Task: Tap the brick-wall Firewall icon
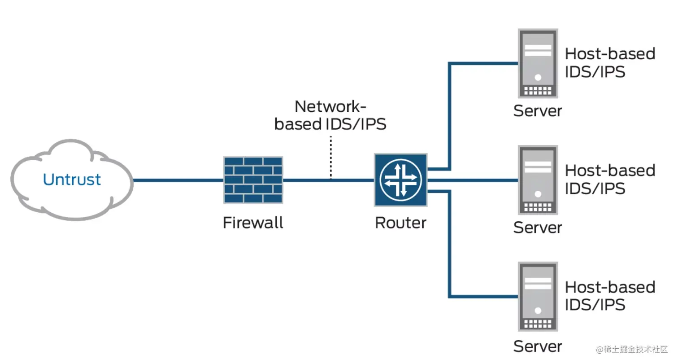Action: click(253, 180)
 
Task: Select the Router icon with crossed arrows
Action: click(401, 180)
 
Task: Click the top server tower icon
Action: click(538, 63)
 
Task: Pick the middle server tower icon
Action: click(538, 180)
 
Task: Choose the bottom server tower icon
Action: click(538, 297)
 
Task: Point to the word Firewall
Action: click(253, 223)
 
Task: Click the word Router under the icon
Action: click(400, 223)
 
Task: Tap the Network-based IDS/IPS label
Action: click(330, 115)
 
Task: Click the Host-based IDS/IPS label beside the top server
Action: click(610, 63)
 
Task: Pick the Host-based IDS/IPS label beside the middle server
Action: click(610, 180)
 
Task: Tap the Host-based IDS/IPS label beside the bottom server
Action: click(610, 296)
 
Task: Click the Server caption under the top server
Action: click(537, 111)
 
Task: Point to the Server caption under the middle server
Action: click(537, 228)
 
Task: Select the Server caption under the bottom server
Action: click(537, 346)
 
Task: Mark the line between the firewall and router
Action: click(309, 180)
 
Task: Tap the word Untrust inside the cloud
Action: click(72, 180)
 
